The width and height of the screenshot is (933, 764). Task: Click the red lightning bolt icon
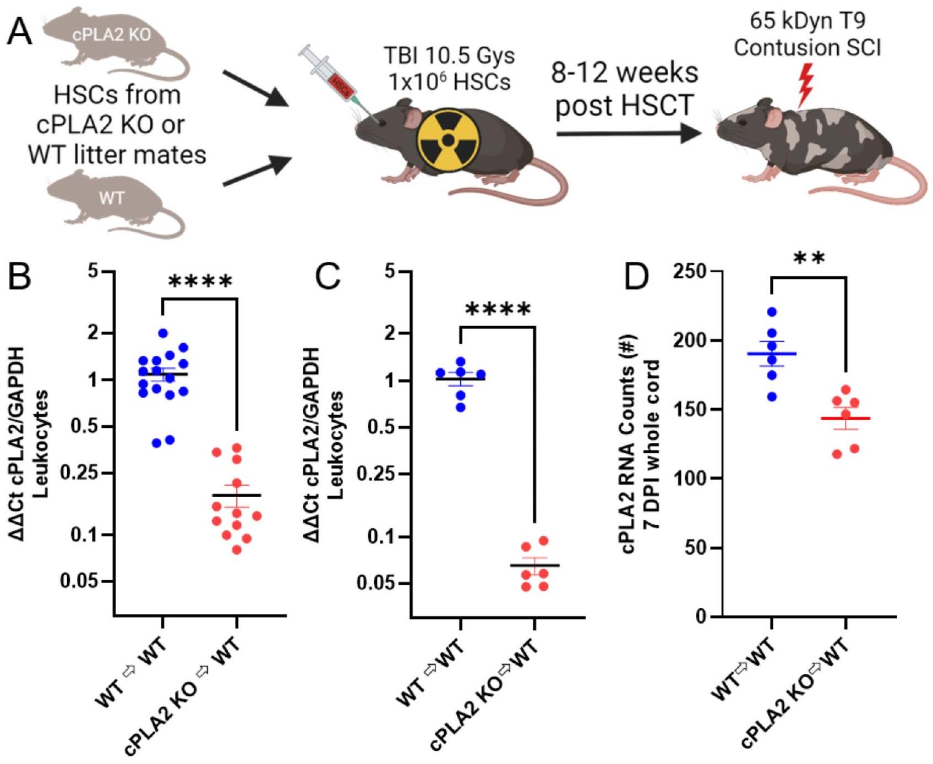805,85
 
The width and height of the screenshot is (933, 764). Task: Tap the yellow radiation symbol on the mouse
449,141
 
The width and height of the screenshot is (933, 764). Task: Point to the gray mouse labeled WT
113,201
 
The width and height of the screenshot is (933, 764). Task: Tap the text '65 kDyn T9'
807,21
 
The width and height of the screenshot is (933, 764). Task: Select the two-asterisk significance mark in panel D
809,259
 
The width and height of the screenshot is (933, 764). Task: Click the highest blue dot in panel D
772,312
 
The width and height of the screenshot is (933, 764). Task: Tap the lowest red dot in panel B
237,549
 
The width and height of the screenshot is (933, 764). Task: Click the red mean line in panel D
845,419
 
